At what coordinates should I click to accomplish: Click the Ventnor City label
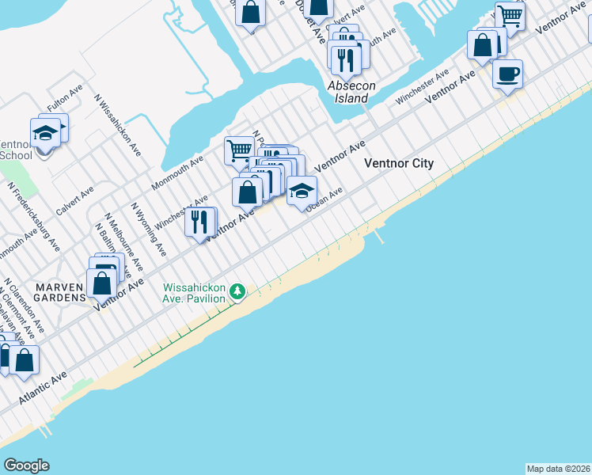click(x=399, y=164)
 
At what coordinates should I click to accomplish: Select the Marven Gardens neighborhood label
click(x=59, y=291)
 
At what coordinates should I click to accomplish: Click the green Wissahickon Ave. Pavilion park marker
click(x=237, y=293)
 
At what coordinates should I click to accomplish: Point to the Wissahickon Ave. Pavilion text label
click(x=194, y=293)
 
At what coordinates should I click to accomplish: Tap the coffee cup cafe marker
click(x=507, y=74)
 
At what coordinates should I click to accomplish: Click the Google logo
click(x=26, y=465)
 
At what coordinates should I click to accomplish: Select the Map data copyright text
click(x=558, y=469)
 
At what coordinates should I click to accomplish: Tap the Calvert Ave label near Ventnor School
click(x=75, y=200)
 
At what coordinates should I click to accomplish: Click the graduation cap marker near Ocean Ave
click(x=302, y=191)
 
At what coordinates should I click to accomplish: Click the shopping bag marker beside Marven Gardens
click(x=102, y=283)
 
